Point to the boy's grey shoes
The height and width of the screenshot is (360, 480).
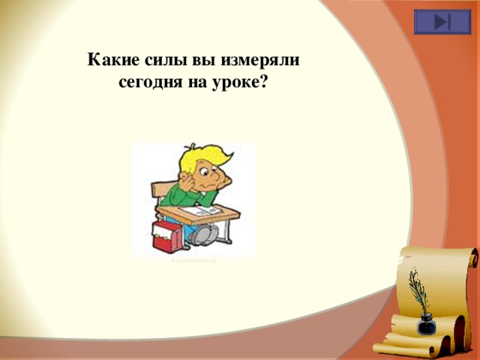[x=202, y=235]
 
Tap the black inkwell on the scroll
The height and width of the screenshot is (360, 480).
[x=426, y=324]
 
